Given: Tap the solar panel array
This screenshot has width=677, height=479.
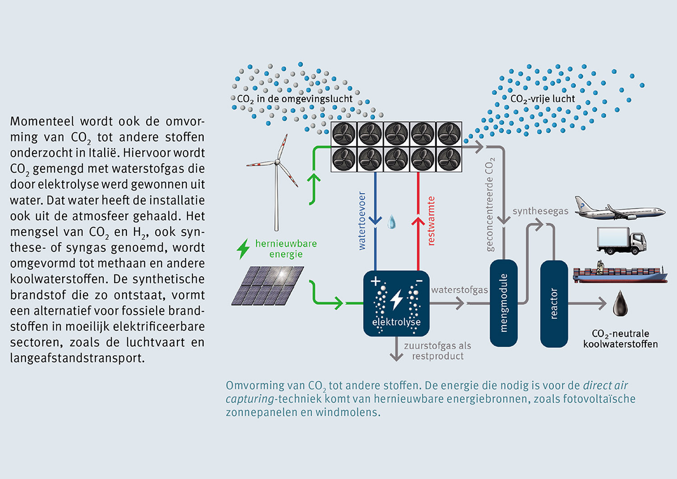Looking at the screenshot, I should click(268, 285).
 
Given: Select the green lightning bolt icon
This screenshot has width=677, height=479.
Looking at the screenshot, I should click(243, 249).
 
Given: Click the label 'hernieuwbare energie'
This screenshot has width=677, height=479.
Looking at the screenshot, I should click(286, 249).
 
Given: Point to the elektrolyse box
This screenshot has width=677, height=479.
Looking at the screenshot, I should click(396, 303).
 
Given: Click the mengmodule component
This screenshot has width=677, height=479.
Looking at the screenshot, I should click(504, 303).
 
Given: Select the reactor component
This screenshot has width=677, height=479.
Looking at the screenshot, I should click(554, 304).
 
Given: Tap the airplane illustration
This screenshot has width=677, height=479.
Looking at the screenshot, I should click(619, 209).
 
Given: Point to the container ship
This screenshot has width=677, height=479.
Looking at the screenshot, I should click(620, 273).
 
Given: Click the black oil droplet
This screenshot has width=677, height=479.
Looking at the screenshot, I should click(620, 303).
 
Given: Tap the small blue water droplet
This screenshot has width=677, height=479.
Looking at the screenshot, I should click(392, 222).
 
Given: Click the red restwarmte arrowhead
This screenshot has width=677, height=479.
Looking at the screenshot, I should click(418, 222).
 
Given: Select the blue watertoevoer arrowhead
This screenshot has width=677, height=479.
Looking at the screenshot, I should click(375, 220).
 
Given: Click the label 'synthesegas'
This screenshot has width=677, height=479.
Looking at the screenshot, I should click(540, 211).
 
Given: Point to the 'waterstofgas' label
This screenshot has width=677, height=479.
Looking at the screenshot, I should click(459, 290).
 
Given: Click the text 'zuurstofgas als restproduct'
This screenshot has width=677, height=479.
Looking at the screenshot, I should click(437, 351).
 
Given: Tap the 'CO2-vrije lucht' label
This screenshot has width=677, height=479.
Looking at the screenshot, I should click(543, 99).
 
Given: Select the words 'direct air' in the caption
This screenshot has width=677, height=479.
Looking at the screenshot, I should click(605, 386).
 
